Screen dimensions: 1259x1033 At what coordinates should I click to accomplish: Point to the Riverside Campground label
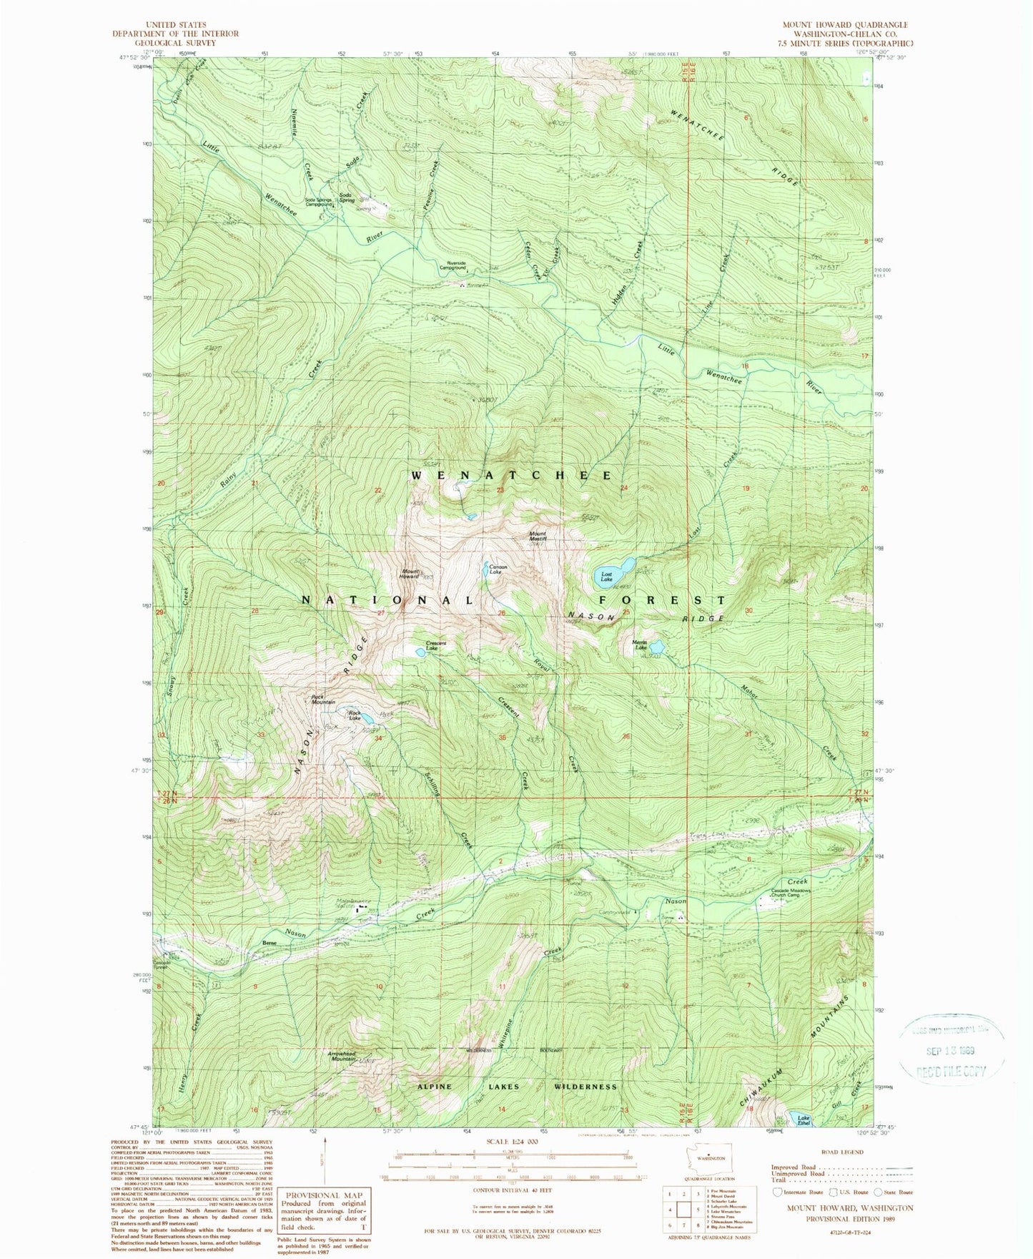[455, 265]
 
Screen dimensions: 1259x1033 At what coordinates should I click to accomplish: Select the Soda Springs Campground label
[320, 202]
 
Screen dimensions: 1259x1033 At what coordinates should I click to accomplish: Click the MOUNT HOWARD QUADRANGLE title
[844, 24]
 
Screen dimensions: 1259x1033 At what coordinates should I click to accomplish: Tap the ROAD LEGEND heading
[843, 1152]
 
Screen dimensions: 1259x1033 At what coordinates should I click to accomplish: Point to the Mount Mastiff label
[538, 536]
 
